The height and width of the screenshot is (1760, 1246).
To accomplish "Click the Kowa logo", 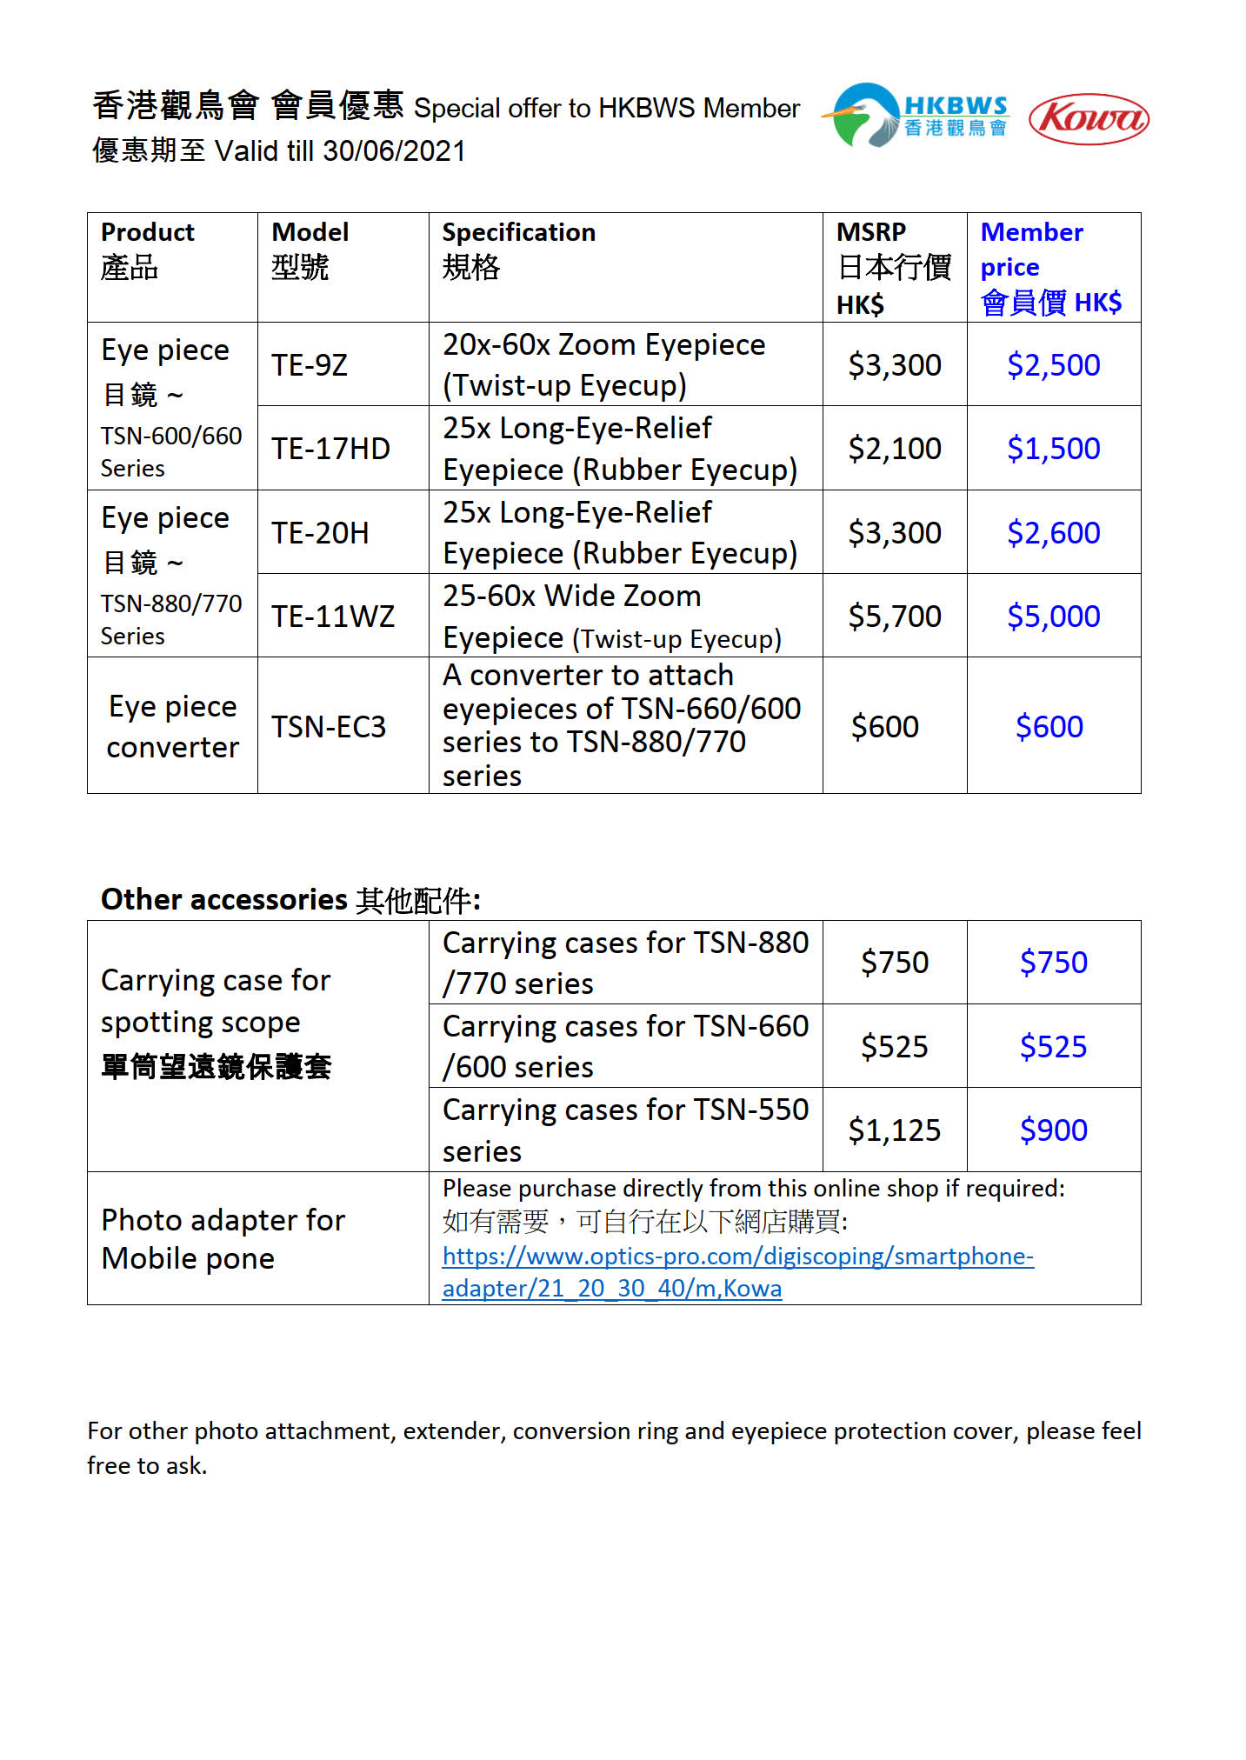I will coord(1088,119).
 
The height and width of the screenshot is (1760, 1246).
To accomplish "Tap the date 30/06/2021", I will coord(394,151).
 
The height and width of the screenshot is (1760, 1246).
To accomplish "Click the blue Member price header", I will coord(1050,267).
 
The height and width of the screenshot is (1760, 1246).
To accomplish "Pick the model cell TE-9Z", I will coord(310,365).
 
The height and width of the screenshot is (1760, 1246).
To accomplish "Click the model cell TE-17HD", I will coord(330,449).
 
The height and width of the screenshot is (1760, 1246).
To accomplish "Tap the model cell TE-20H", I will coord(320,533).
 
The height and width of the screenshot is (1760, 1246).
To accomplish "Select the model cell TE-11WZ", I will coord(333,617).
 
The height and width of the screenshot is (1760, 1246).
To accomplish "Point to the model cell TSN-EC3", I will coord(329,727).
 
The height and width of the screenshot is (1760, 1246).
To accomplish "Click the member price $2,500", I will coord(1053,365).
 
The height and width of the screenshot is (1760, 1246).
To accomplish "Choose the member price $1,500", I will coord(1053,449).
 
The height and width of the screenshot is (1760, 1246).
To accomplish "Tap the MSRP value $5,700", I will coord(894,617).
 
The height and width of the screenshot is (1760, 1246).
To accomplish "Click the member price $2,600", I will coord(1053,533).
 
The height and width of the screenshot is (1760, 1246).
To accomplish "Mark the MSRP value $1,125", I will coord(894,1130).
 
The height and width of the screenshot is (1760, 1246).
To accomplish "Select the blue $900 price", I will coord(1053,1130).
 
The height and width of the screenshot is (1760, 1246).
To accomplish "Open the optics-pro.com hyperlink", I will coord(737,1257).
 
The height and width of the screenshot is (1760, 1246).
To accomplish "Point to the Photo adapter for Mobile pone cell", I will coord(223,1239).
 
